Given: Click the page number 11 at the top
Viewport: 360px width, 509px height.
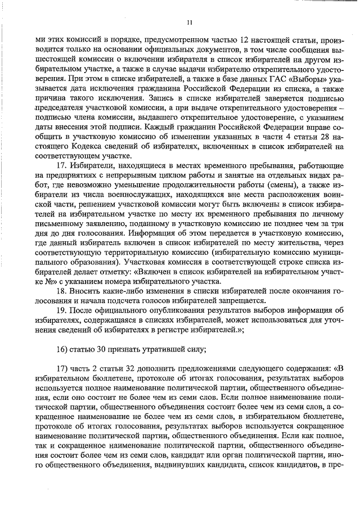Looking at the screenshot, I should click(x=190, y=22).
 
